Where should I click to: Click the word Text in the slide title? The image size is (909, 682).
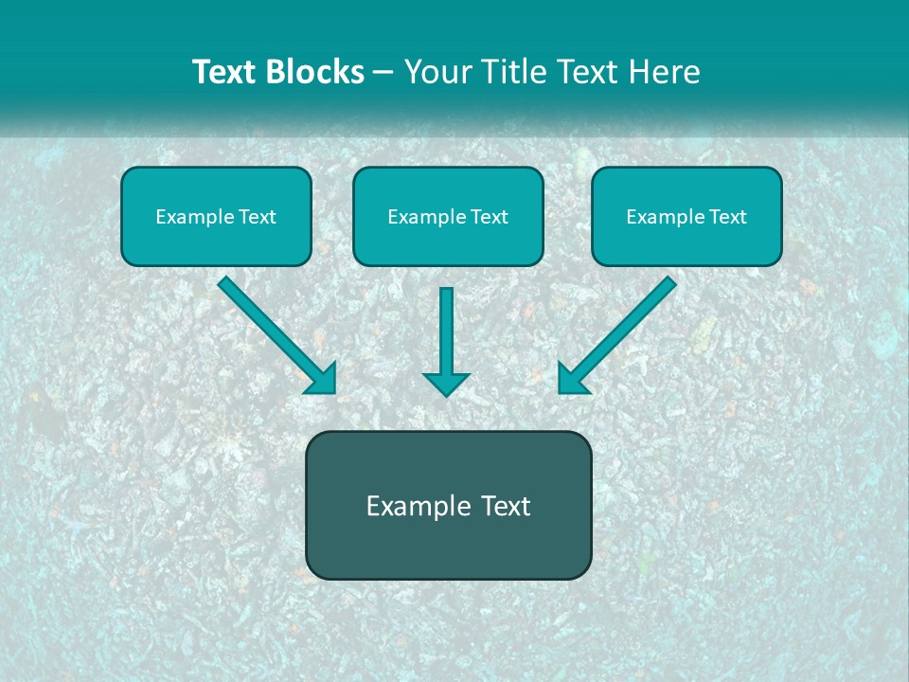point(224,72)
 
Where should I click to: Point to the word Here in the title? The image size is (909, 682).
point(665,72)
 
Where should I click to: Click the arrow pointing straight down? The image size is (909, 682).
point(446,341)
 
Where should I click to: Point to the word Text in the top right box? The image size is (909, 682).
point(728,217)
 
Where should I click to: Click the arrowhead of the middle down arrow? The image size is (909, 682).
point(446,384)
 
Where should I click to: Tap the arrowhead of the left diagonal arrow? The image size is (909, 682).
point(323,379)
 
